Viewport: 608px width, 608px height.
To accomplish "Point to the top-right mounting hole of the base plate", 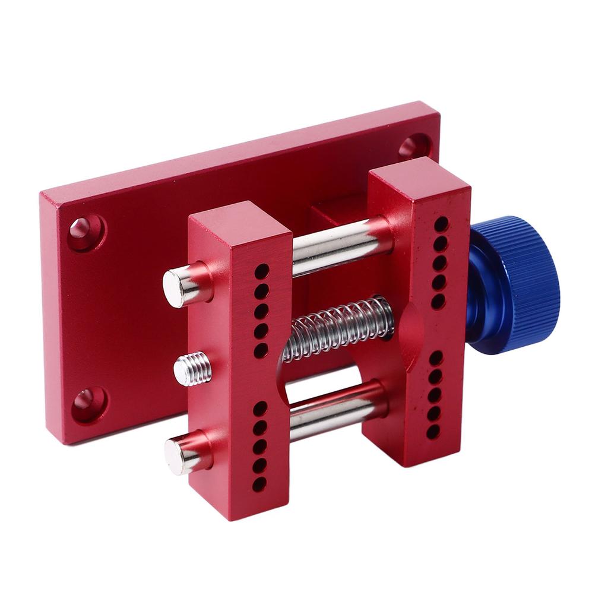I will [413, 145].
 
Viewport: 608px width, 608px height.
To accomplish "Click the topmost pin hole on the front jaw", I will [262, 271].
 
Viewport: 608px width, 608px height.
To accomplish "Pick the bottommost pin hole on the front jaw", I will [259, 484].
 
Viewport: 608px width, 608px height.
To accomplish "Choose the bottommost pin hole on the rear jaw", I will [433, 432].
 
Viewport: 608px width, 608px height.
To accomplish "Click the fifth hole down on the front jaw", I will [260, 350].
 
